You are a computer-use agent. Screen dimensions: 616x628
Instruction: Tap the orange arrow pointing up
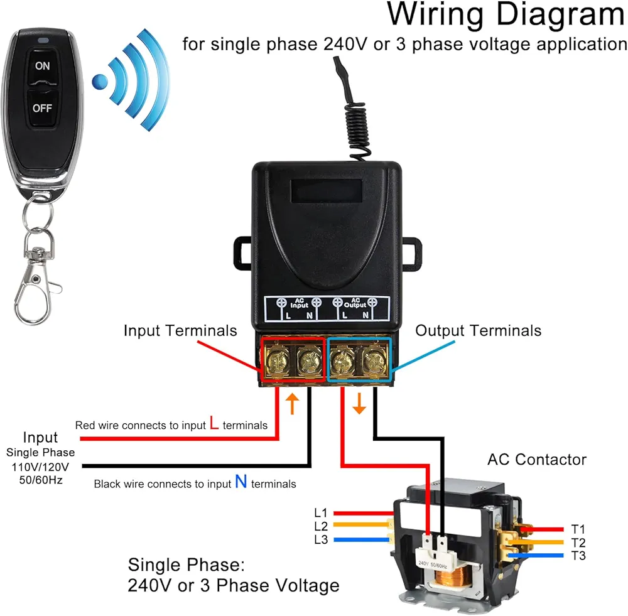[x=292, y=404]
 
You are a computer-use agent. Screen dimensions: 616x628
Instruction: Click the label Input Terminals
[x=180, y=330]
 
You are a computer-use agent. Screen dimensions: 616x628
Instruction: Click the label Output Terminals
[x=478, y=330]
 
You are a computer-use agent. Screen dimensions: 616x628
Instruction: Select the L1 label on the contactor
[x=321, y=513]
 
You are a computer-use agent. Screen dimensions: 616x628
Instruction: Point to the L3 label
[x=321, y=539]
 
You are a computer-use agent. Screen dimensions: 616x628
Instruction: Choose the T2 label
[x=578, y=542]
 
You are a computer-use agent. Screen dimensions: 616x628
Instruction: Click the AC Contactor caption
[x=536, y=460]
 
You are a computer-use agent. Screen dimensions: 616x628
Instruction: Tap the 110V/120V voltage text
[x=41, y=467]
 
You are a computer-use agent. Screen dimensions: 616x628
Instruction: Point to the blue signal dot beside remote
[x=100, y=80]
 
